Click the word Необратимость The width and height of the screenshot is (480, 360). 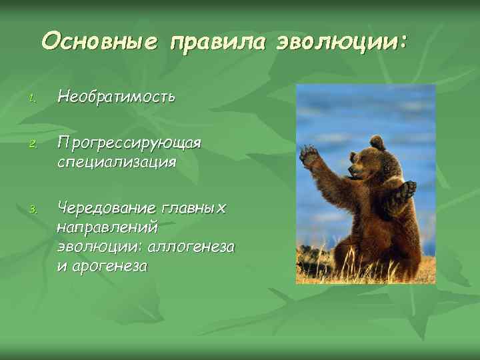tap(116, 97)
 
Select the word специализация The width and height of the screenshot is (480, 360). tap(117, 162)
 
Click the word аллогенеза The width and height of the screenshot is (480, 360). tap(193, 247)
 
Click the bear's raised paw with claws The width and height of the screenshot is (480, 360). tap(309, 156)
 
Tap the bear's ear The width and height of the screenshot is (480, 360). tap(377, 142)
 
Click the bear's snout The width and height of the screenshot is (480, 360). tap(354, 172)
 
